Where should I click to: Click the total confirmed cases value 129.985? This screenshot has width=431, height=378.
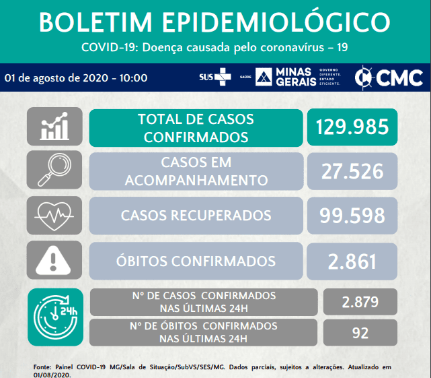(x=352, y=127)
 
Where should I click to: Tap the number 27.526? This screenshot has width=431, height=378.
(x=352, y=171)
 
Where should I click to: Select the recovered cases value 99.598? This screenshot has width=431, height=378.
(x=352, y=216)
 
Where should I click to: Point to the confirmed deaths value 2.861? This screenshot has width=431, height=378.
(x=352, y=261)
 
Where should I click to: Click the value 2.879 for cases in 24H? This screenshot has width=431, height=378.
(x=360, y=302)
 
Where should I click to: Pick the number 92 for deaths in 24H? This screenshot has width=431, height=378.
(x=360, y=333)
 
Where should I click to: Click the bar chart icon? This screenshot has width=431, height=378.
(x=54, y=126)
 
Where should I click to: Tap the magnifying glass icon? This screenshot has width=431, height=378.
(x=54, y=170)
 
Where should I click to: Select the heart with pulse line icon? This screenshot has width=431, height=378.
(x=54, y=216)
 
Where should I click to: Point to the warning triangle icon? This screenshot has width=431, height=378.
(x=53, y=260)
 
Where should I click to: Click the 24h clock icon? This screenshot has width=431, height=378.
(x=56, y=317)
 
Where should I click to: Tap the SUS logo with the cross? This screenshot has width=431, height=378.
(x=215, y=77)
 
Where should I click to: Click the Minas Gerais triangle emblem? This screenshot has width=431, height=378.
(x=264, y=77)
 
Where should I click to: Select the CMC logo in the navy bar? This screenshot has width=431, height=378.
(x=389, y=77)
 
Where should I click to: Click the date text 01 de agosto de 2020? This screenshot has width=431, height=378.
(x=56, y=78)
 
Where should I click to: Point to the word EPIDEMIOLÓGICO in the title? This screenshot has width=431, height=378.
(x=276, y=22)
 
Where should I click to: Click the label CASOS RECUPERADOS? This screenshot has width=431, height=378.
(x=196, y=216)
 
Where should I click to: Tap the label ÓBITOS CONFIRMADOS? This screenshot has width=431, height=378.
(x=196, y=261)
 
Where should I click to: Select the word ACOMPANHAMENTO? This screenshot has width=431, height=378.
(x=196, y=181)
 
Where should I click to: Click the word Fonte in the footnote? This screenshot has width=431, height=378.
(x=42, y=367)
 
